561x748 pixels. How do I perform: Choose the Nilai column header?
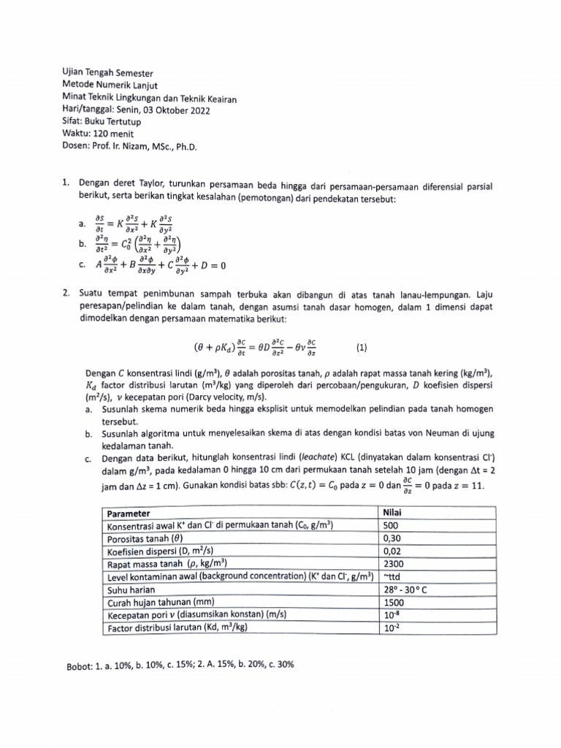tap(395, 514)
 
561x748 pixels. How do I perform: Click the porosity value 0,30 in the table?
tap(393, 538)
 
